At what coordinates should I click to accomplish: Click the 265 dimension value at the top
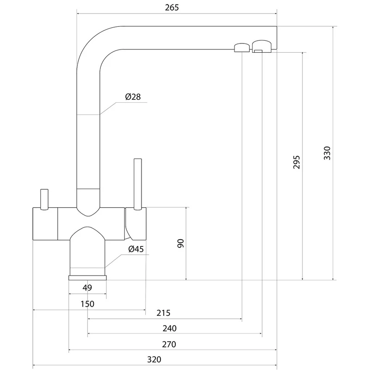click(171, 8)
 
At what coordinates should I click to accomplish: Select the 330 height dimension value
click(327, 154)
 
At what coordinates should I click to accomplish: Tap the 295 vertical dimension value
click(297, 162)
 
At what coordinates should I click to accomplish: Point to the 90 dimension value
click(181, 243)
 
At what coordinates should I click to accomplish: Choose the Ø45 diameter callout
click(136, 249)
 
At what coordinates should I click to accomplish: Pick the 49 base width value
click(87, 288)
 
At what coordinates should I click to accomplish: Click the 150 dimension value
click(87, 304)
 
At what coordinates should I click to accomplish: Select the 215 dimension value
click(164, 313)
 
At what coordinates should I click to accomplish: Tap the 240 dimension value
click(170, 328)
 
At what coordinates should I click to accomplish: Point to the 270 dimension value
click(170, 345)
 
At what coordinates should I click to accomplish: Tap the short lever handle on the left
click(44, 199)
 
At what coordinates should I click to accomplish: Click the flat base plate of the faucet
click(87, 277)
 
